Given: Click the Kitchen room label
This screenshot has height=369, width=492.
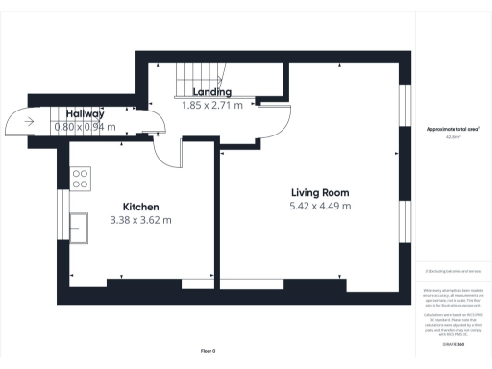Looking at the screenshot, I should tap(140, 207).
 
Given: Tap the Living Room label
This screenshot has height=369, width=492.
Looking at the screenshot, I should tap(320, 192).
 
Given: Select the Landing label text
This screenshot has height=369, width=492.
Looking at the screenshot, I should tap(212, 91).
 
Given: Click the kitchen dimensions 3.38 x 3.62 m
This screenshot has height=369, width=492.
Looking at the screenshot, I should tap(140, 220).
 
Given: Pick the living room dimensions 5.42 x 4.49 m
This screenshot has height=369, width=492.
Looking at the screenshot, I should tap(320, 206).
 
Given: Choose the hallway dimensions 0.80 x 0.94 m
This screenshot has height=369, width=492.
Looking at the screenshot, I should tap(85, 126).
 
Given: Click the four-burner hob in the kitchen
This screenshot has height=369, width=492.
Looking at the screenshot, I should tap(82, 178).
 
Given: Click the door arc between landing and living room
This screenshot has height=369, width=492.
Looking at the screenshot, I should tap(270, 121).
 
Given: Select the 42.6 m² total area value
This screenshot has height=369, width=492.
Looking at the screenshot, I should tap(452, 137).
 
